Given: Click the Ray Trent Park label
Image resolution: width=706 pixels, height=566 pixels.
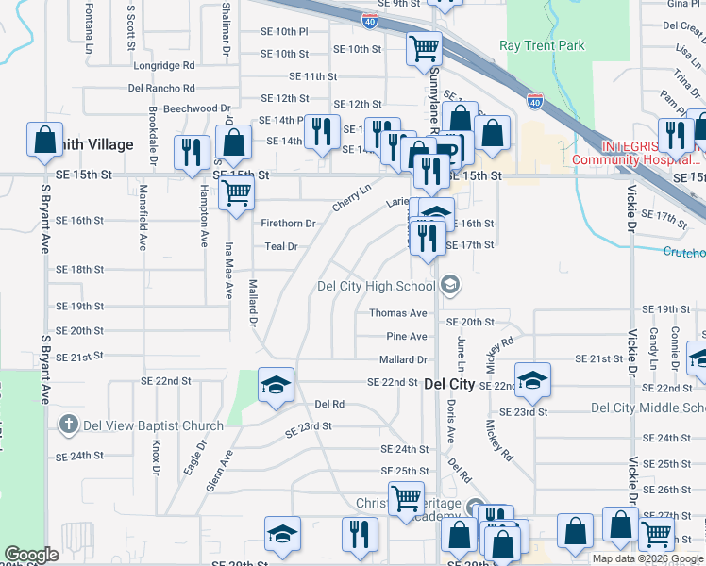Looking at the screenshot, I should pyautogui.click(x=542, y=45).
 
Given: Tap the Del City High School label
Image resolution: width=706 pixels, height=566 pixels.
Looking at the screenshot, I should pyautogui.click(x=376, y=286).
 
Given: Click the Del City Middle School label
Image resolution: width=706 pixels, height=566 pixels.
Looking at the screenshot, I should pyautogui.click(x=647, y=408).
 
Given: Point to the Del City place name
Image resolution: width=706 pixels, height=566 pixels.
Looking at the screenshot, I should pyautogui.click(x=449, y=384).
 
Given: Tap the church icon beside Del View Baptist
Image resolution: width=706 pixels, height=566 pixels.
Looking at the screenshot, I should pyautogui.click(x=68, y=424).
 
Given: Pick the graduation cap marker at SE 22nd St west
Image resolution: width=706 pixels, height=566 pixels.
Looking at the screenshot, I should pyautogui.click(x=276, y=385).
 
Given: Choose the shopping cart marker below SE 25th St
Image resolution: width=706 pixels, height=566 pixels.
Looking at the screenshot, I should pyautogui.click(x=407, y=497).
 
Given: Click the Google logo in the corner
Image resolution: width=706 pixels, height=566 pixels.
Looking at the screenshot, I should pyautogui.click(x=31, y=555).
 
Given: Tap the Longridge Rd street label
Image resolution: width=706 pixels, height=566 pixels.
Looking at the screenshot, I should pyautogui.click(x=163, y=66).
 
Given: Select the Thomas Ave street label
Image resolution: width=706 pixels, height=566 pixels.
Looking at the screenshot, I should pyautogui.click(x=397, y=313).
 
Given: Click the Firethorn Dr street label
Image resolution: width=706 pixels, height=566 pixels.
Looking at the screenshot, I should pyautogui.click(x=288, y=224).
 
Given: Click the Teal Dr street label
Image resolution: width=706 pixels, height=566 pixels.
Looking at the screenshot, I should pyautogui.click(x=280, y=246).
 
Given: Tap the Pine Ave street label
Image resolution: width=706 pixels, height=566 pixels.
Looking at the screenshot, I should pyautogui.click(x=406, y=337).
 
